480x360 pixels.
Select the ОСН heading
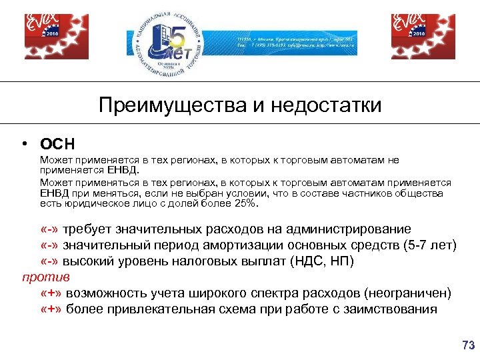click(57, 143)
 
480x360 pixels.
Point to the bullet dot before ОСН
click(25, 143)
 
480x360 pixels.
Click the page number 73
click(468, 345)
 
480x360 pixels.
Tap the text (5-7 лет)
click(430, 245)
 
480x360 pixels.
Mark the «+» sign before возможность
click(51, 293)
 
